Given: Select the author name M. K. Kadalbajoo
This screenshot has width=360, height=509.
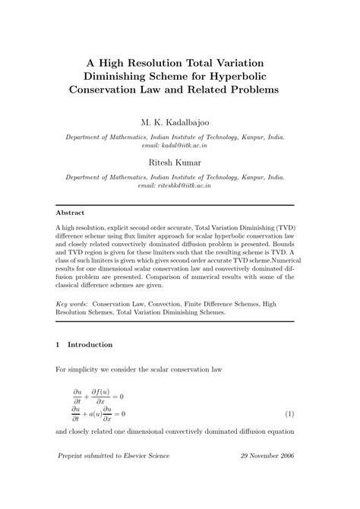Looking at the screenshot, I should (179, 122).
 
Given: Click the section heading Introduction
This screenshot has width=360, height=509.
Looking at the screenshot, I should (90, 344).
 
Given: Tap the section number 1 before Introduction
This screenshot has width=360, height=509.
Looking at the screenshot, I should (59, 344).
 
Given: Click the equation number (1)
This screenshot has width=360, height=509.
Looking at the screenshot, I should (289, 414).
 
